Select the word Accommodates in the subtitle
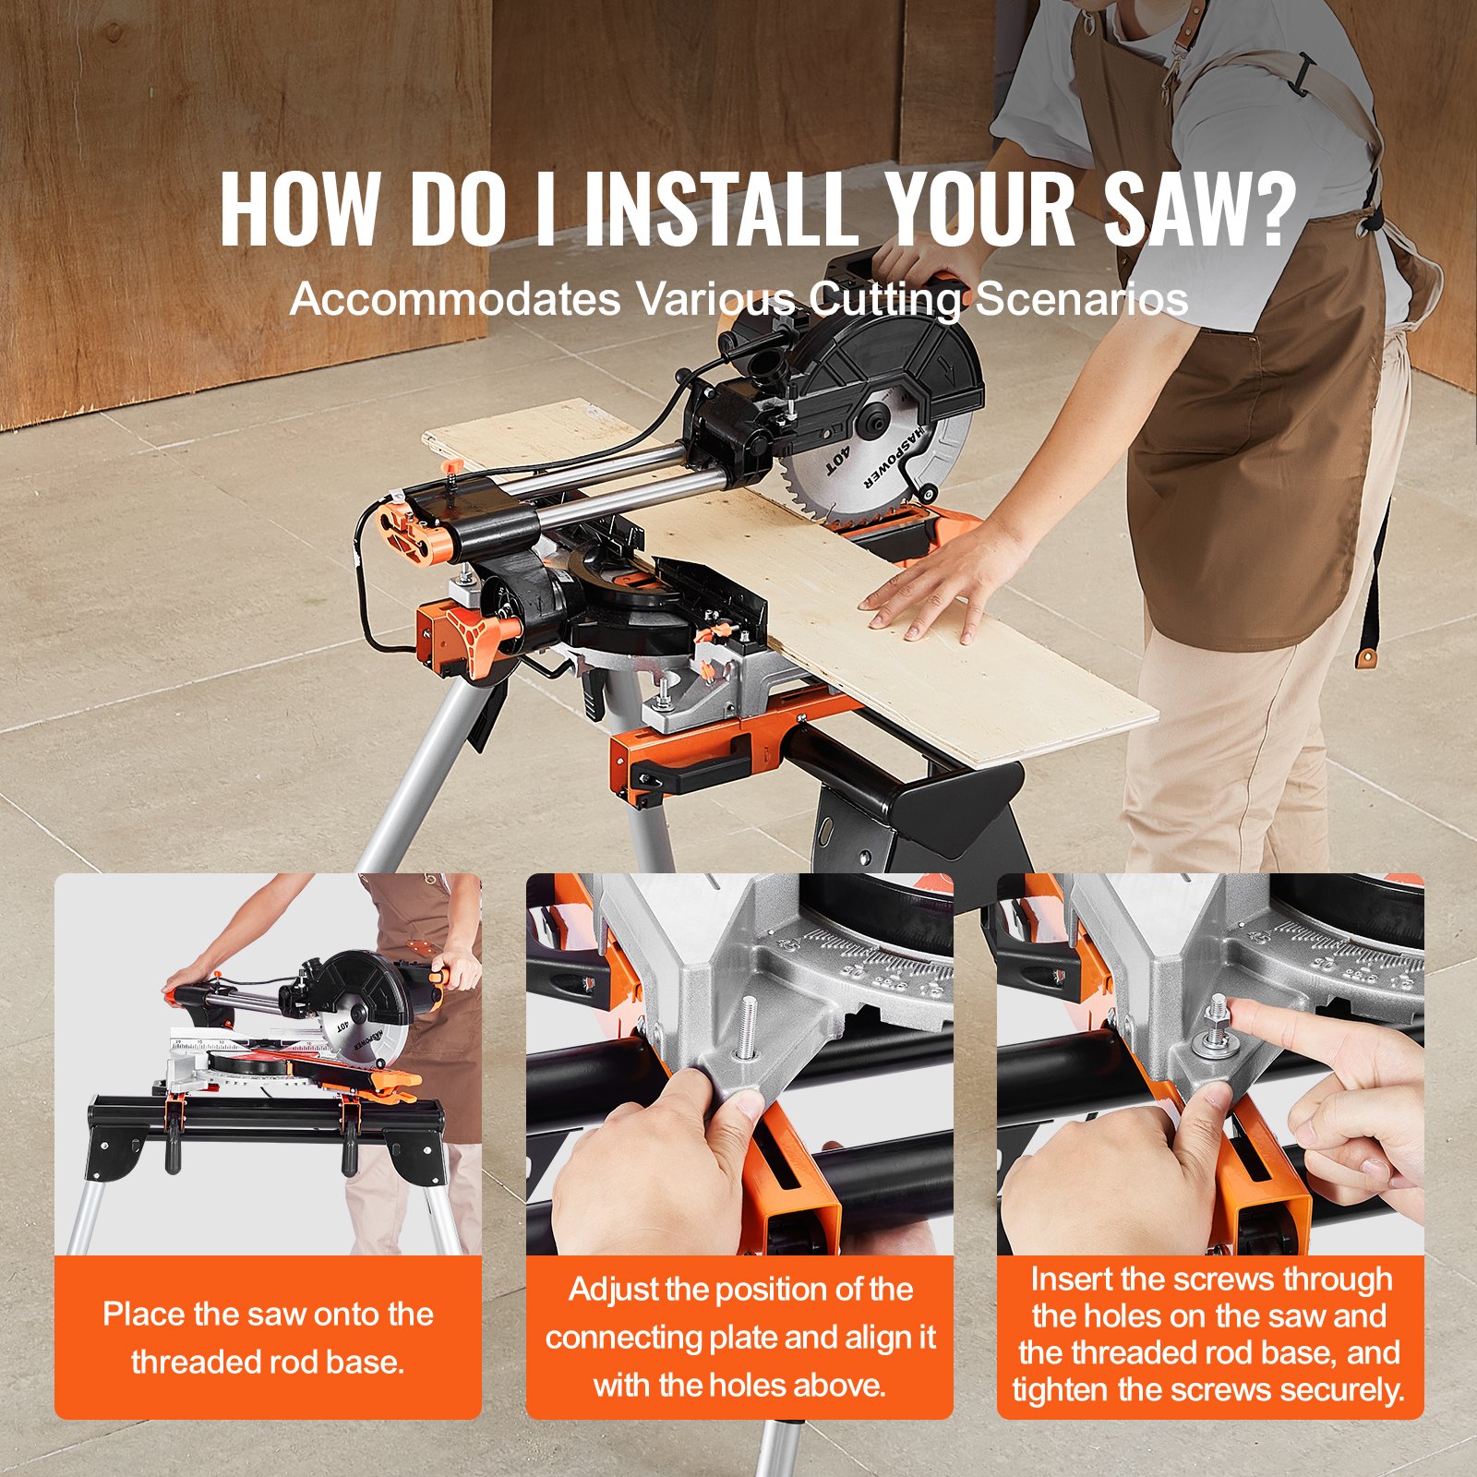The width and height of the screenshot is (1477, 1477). coord(455,299)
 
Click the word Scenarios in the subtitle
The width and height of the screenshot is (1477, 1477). coord(1081,299)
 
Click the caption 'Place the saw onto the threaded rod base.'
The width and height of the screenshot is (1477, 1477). coord(268,1338)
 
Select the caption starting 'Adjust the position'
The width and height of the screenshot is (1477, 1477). coord(739,1337)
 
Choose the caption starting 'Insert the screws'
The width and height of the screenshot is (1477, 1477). coord(1209,1334)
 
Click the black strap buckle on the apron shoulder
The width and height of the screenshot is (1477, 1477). coord(1302,74)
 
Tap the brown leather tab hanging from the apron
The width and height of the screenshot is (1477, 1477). coord(1367,656)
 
